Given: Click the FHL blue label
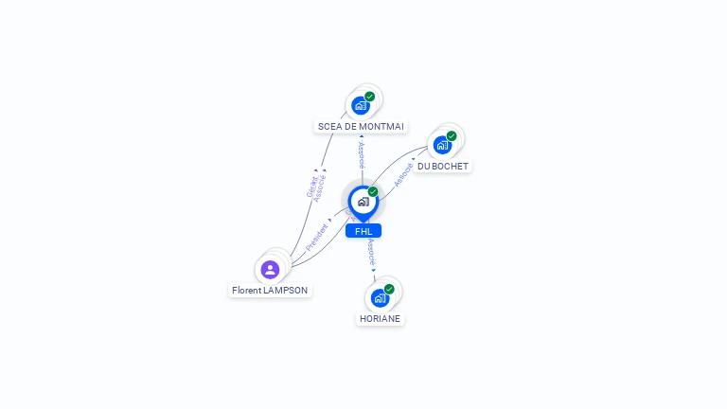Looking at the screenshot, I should click(363, 231).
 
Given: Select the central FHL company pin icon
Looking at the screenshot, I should click(363, 201).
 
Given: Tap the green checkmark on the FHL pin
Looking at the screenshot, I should click(373, 191).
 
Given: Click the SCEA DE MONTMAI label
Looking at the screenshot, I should click(361, 126).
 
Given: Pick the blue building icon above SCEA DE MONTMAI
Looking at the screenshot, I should click(360, 105).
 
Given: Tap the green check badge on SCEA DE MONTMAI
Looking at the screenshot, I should click(370, 96).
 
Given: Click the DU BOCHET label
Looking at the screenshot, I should click(443, 166).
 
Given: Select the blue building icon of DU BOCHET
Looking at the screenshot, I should click(441, 146).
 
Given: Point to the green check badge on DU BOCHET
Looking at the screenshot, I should click(452, 136).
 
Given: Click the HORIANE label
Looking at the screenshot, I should click(381, 318).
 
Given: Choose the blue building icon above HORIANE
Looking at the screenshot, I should click(379, 298).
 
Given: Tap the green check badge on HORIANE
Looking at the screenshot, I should click(389, 289).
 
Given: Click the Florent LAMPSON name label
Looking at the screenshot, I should click(270, 290).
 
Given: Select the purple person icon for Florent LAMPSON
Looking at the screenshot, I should click(270, 269).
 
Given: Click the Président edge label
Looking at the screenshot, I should click(317, 236).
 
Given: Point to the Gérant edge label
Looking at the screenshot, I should click(311, 187).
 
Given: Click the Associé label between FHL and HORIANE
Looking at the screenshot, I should click(371, 252).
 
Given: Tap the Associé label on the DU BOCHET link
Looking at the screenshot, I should click(403, 173).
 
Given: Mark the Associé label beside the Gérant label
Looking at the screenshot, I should click(320, 187).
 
